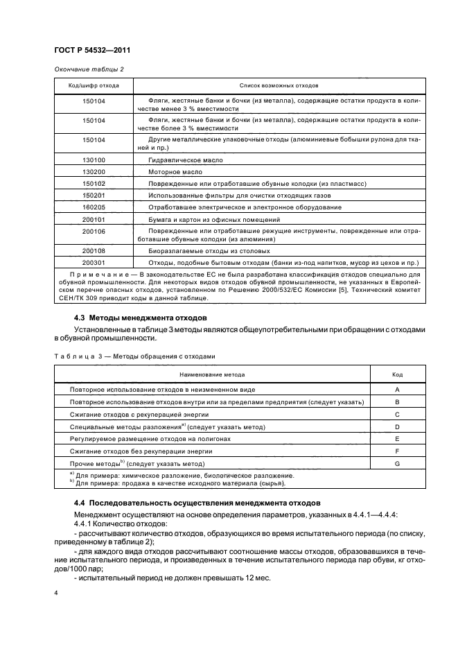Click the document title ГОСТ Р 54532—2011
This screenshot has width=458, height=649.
pyautogui.click(x=92, y=50)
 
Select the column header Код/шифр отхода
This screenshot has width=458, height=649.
pyautogui.click(x=94, y=86)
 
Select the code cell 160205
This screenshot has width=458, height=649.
pyautogui.click(x=94, y=207)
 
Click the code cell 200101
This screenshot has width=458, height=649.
pyautogui.click(x=94, y=219)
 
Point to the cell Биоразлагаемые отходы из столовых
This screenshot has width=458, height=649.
pyautogui.click(x=209, y=250)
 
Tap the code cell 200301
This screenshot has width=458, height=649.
pyautogui.click(x=94, y=263)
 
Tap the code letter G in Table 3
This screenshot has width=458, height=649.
pyautogui.click(x=397, y=462)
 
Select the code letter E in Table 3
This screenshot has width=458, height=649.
pyautogui.click(x=397, y=439)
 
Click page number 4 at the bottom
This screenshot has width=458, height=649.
pyautogui.click(x=56, y=594)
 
